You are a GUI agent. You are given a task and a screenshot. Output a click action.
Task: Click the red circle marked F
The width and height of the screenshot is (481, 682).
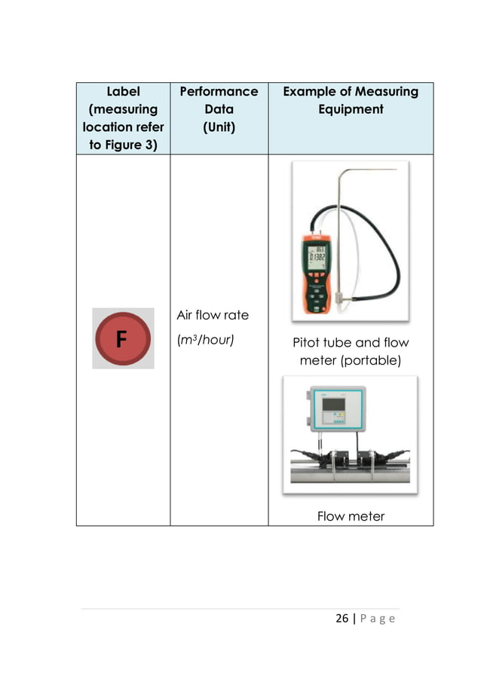122,338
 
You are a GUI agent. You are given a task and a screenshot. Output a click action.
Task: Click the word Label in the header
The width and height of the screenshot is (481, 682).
123,91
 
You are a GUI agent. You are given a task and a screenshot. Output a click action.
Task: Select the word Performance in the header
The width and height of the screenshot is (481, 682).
219,91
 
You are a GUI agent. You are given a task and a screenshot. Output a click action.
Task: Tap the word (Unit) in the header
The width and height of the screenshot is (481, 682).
219,127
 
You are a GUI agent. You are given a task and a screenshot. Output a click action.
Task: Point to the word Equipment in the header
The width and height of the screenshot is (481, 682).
351,109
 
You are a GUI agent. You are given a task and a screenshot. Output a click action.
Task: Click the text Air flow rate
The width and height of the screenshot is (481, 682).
212,314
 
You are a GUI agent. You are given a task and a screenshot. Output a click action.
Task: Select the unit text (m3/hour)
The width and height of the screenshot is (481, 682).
206,339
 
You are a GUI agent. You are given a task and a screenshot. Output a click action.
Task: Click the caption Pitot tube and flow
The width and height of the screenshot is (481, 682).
351,343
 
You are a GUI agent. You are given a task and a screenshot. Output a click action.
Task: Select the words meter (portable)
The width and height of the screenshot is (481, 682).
351,361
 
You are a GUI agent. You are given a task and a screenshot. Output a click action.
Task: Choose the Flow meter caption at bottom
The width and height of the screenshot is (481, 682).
351,516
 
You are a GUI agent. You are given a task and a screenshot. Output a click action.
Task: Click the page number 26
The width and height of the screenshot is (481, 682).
342,619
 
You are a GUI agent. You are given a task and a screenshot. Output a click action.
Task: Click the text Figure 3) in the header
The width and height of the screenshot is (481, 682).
123,145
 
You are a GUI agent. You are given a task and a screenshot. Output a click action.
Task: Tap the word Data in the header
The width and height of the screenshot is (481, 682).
219,109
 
